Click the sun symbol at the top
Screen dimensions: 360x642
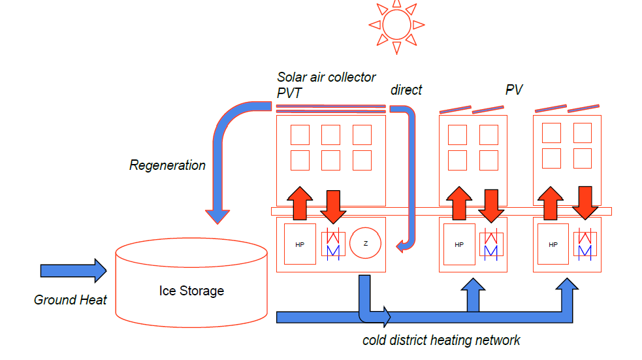[x=396, y=25]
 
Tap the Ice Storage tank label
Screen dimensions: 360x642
[x=191, y=291]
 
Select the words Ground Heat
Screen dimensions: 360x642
[x=70, y=301]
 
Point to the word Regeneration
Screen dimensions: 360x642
[x=167, y=165]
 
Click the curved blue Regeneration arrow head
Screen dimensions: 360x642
[x=217, y=216]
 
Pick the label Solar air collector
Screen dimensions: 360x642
[x=327, y=77]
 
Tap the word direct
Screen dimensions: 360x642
[x=406, y=90]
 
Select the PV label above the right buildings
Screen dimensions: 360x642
[x=514, y=90]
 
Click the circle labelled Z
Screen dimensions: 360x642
[x=366, y=244]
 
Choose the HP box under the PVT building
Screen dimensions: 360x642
[x=300, y=244]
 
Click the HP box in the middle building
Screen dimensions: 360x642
[x=459, y=244]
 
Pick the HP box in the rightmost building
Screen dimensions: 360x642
[x=553, y=244]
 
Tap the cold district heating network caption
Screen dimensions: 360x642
[x=441, y=340]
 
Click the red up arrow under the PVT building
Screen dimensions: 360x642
[x=300, y=203]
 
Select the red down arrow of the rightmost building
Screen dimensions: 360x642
[x=585, y=203]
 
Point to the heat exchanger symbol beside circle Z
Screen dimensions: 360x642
[x=334, y=244]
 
